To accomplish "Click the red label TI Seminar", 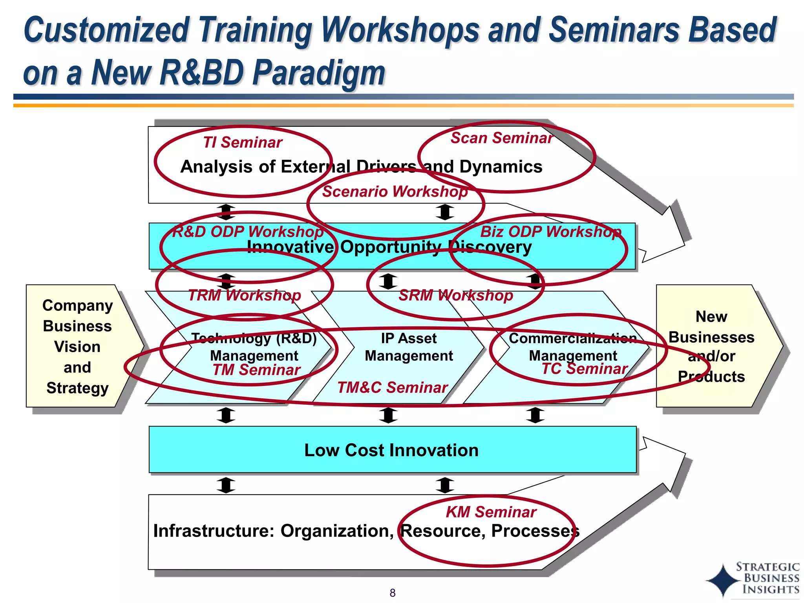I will coord(243,143).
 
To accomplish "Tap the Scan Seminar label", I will coord(501,138).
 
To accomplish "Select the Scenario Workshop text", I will coord(395,192).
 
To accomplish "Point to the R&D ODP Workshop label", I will coord(248,232).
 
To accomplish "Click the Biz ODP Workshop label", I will coord(551,232).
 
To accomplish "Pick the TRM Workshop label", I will coord(244,295).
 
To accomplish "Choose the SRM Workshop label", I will coord(455,295).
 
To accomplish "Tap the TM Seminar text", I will coord(256,370).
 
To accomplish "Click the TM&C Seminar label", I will coord(392,387).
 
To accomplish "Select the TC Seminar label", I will coord(585,369).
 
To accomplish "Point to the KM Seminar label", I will coord(491,512).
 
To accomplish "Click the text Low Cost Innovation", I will coord(391,450).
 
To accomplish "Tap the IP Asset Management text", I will coord(409,347).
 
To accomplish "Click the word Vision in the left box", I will coord(77,347).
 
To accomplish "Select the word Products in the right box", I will coord(711,376).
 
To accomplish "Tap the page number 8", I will coord(392,593).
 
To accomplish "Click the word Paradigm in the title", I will coord(319,73).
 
